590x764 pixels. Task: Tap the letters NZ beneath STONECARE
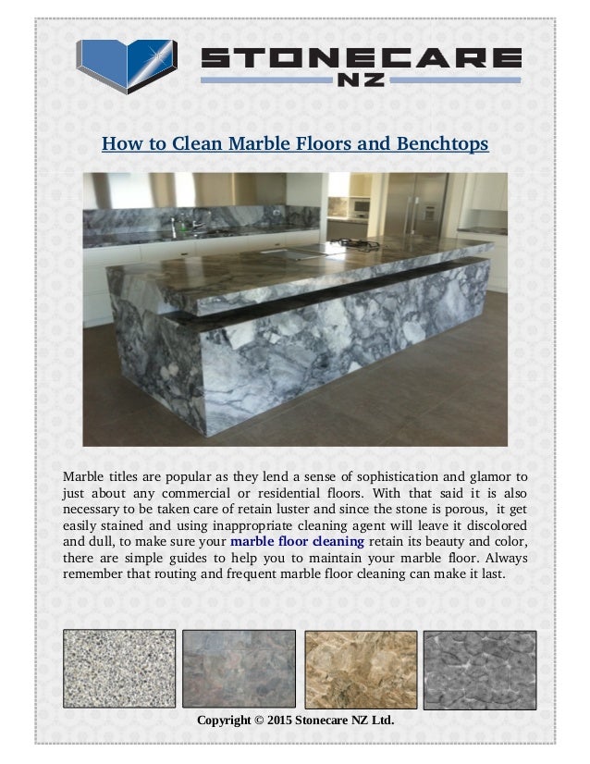tap(362, 81)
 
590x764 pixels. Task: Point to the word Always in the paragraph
tap(504, 558)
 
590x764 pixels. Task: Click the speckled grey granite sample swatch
tap(118, 669)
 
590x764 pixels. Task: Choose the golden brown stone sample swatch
tap(359, 669)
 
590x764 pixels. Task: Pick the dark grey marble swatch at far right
tap(479, 669)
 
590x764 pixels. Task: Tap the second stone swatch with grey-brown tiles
tap(239, 669)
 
